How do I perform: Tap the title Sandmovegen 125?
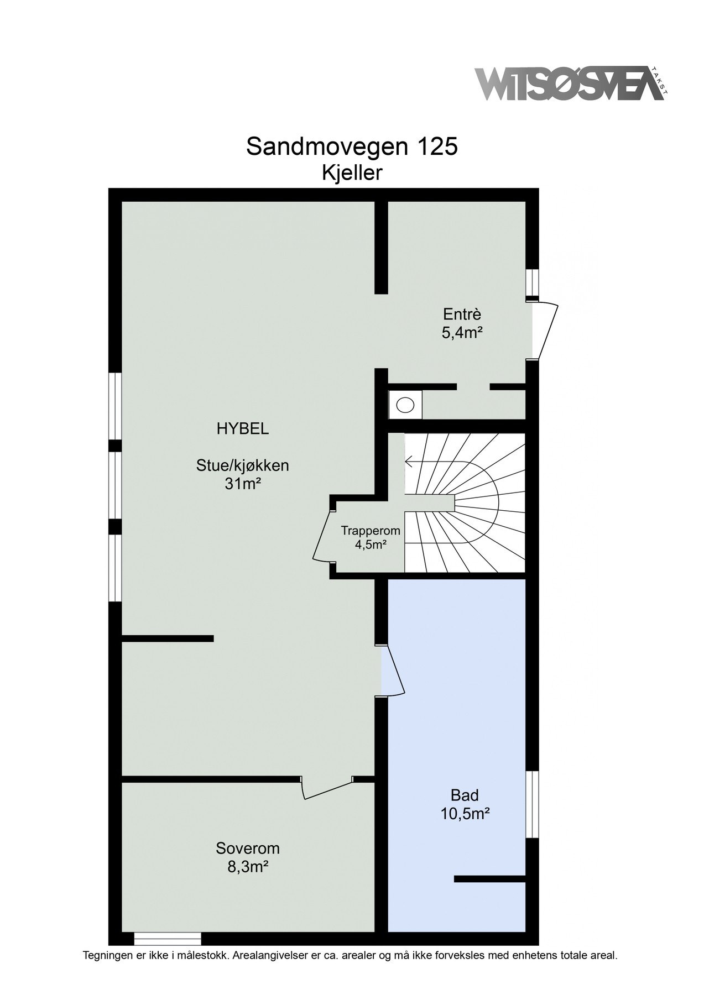pyautogui.click(x=352, y=147)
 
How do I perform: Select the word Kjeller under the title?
pyautogui.click(x=352, y=173)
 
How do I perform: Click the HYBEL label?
pyautogui.click(x=243, y=429)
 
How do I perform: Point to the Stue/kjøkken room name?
pyautogui.click(x=243, y=465)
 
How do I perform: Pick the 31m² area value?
pyautogui.click(x=243, y=484)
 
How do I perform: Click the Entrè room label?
pyautogui.click(x=462, y=315)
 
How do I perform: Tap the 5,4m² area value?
pyautogui.click(x=462, y=333)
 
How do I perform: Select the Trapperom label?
pyautogui.click(x=371, y=531)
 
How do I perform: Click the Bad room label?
pyautogui.click(x=465, y=795)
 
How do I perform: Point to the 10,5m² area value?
pyautogui.click(x=465, y=814)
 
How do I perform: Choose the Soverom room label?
pyautogui.click(x=248, y=849)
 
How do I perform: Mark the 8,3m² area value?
pyautogui.click(x=248, y=867)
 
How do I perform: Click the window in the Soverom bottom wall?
pyautogui.click(x=168, y=938)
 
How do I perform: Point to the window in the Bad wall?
pyautogui.click(x=531, y=804)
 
